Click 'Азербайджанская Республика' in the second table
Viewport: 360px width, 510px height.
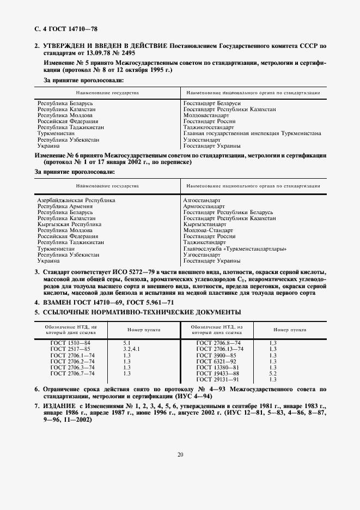pyautogui.click(x=76, y=201)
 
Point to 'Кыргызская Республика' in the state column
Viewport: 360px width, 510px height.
pyautogui.click(x=69, y=224)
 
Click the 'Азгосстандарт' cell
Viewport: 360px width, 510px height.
pyautogui.click(x=202, y=201)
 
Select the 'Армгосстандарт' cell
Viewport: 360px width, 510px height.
pyautogui.click(x=204, y=207)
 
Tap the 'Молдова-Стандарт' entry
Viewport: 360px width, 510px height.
pyautogui.click(x=207, y=230)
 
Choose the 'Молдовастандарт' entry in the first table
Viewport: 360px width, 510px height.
pyautogui.click(x=206, y=116)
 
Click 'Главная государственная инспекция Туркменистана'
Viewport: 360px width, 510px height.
pyautogui.click(x=252, y=133)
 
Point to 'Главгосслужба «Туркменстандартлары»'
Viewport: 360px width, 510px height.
pyautogui.click(x=235, y=249)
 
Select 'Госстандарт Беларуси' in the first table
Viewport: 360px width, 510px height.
pyautogui.click(x=212, y=104)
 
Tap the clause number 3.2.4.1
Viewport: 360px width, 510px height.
pyautogui.click(x=132, y=349)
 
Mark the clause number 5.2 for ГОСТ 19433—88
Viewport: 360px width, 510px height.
pyautogui.click(x=273, y=373)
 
